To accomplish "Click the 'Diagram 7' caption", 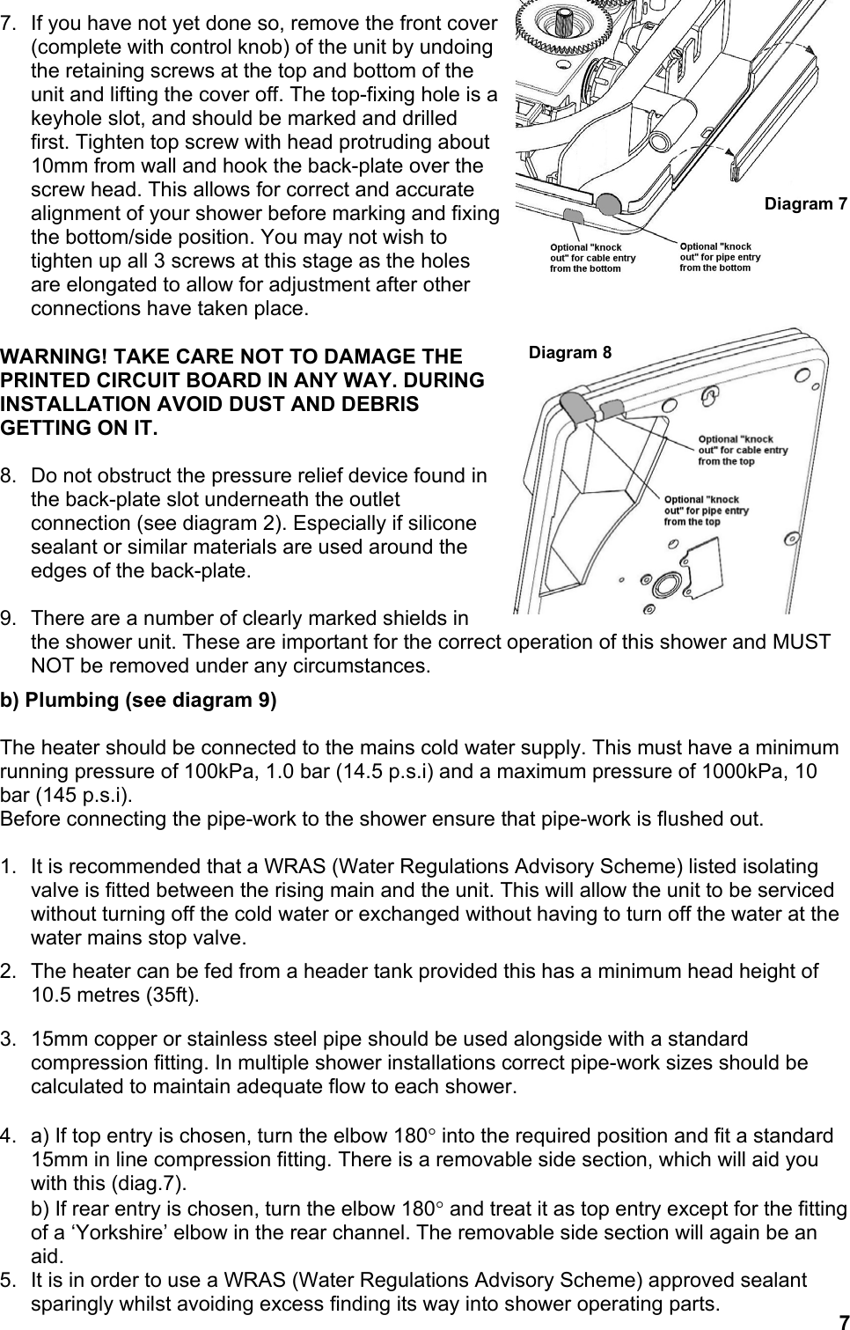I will [805, 204].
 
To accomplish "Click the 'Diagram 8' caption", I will [569, 353].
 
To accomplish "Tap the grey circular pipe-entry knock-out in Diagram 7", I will [608, 204].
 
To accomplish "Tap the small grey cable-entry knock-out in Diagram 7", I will [572, 215].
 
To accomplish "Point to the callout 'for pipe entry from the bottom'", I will [720, 256].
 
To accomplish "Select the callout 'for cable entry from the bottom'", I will [591, 258].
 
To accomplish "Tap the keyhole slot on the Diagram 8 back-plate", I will [704, 400].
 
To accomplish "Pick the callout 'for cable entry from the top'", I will [742, 450].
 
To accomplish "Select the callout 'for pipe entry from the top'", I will [706, 511].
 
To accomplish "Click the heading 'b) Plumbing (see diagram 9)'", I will [138, 701].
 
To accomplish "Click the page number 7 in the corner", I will [841, 1320].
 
